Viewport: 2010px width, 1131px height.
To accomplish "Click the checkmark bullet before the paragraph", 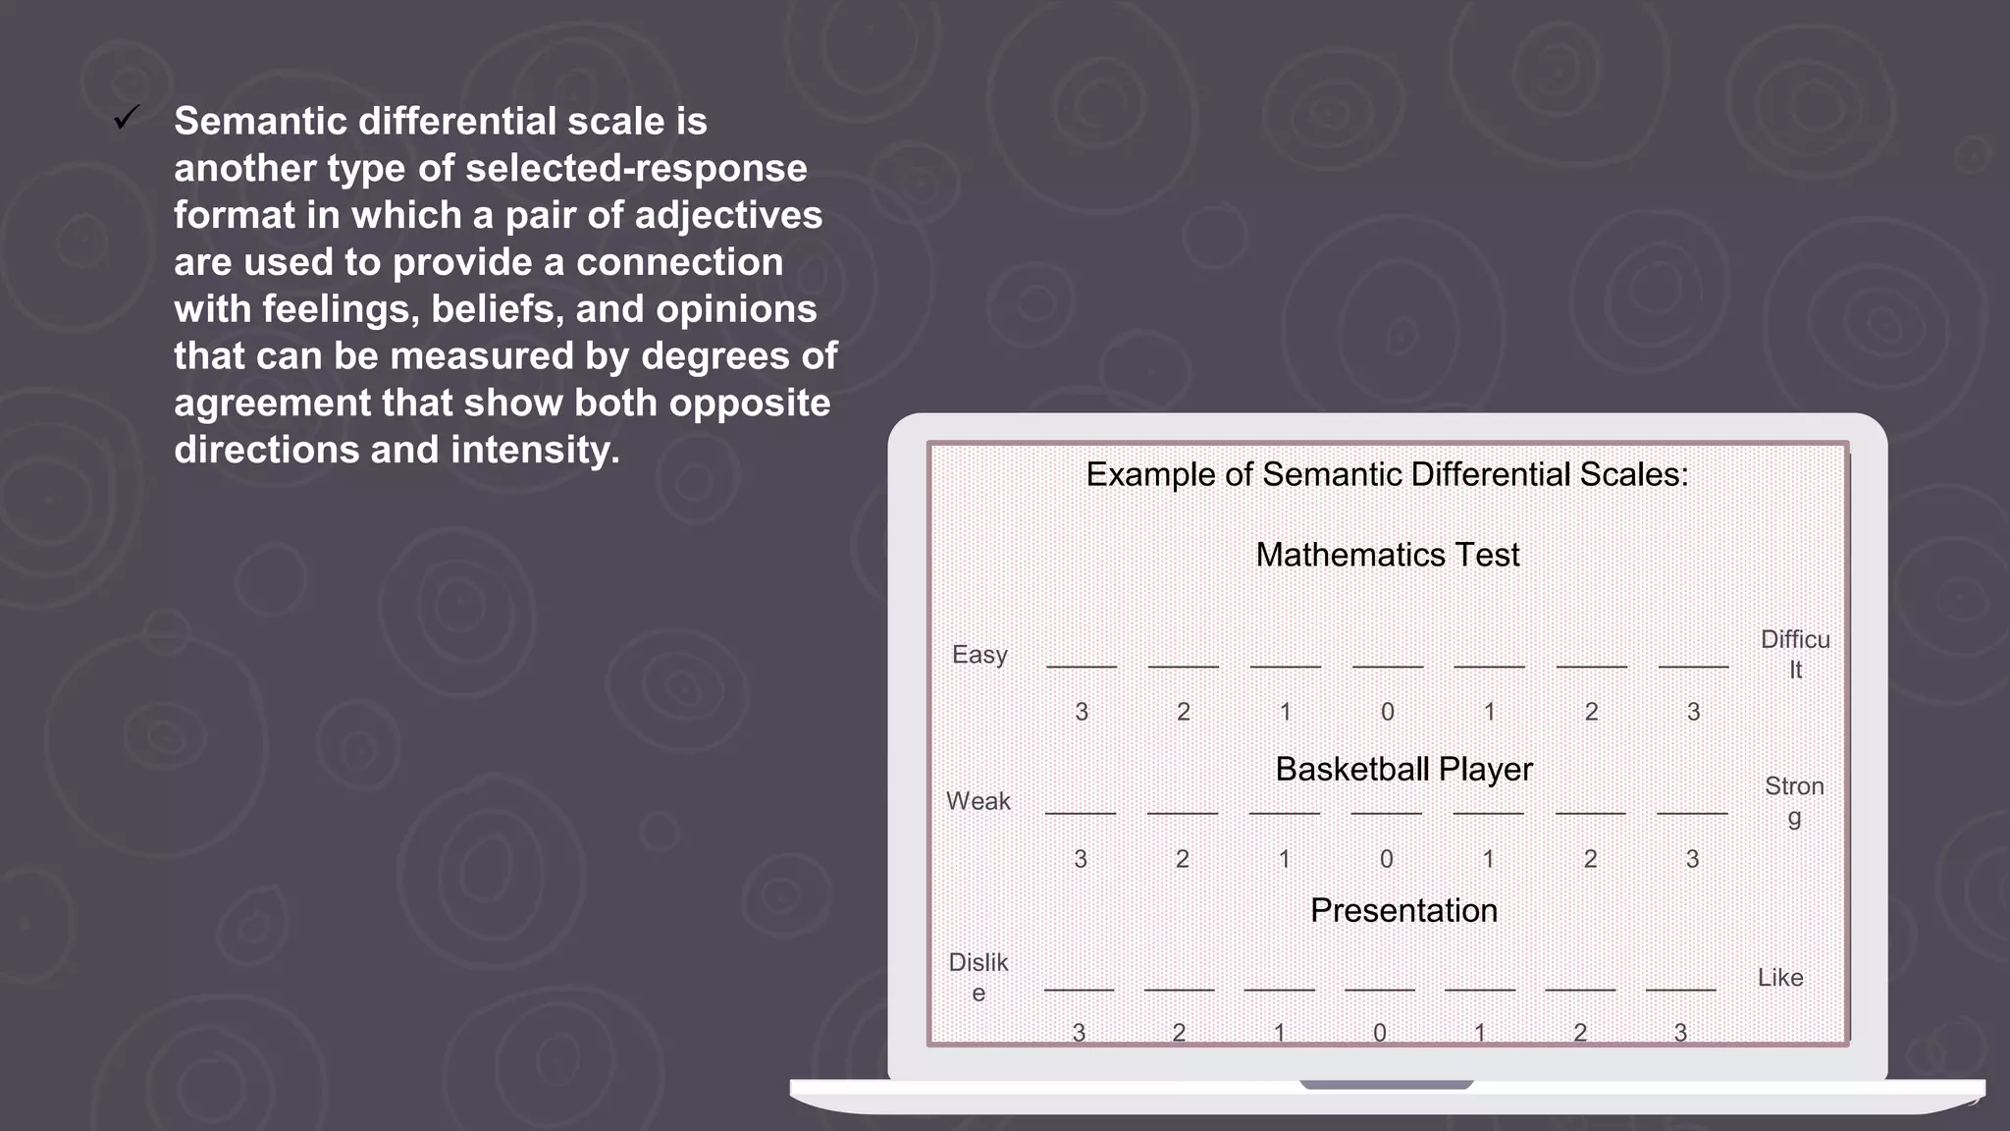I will coord(127,118).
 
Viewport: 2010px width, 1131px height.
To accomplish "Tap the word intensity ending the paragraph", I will coord(535,450).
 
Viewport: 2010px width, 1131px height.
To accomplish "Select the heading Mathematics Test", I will coord(1387,555).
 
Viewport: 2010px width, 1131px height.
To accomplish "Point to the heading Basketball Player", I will coord(1403,769).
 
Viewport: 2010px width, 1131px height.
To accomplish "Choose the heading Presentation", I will coord(1403,910).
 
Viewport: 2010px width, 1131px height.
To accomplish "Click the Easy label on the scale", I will coord(979,655).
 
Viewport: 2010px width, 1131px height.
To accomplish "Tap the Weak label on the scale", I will coord(979,801).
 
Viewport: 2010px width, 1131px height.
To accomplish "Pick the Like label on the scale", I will coord(1780,978).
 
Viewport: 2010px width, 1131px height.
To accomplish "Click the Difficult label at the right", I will coord(1795,654).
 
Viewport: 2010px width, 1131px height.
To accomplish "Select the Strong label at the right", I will coord(1794,800).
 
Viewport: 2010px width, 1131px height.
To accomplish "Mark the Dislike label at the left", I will coord(979,977).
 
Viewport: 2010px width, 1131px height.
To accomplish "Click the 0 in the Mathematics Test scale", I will coord(1388,712).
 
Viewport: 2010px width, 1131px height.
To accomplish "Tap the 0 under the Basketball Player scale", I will coord(1387,859).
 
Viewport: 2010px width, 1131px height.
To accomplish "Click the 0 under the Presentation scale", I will coord(1380,1032).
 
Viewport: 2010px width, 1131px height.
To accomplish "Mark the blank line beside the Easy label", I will coord(1082,666).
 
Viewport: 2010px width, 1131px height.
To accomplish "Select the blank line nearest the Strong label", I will coord(1692,812).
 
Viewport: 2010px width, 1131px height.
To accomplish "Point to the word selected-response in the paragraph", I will coord(636,169).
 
